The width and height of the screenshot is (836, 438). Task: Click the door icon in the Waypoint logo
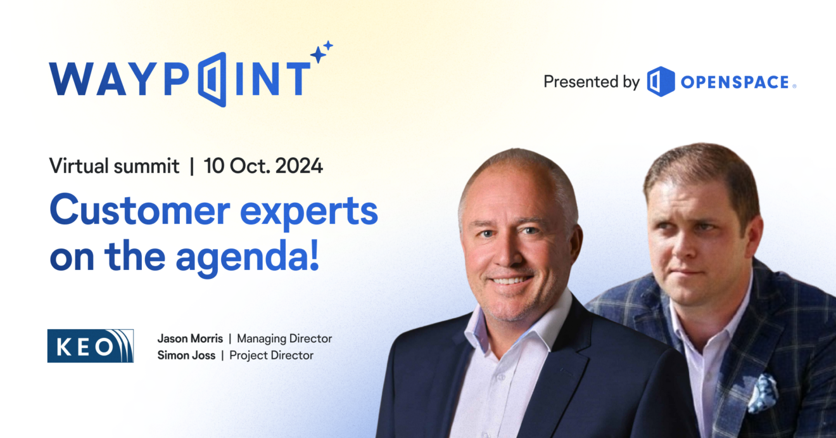[212, 79]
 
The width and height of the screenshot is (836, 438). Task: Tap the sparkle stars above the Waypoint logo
[321, 52]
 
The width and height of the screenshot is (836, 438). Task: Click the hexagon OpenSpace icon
[661, 81]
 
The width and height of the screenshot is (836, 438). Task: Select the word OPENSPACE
[735, 82]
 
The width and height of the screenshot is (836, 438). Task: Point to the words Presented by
[592, 82]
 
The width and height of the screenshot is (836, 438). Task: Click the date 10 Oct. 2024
[263, 165]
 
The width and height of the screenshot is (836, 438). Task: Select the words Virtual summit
[114, 165]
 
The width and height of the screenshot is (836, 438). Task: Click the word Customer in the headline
[139, 209]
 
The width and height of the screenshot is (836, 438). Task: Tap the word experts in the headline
[308, 212]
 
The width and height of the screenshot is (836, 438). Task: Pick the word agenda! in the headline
[248, 257]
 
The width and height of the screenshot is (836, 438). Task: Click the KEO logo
[91, 345]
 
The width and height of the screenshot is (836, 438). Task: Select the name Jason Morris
[190, 338]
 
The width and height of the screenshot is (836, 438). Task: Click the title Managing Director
[284, 339]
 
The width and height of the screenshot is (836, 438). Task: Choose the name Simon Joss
[186, 355]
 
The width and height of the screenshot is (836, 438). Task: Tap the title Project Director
[271, 356]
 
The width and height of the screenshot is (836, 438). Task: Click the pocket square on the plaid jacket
[763, 393]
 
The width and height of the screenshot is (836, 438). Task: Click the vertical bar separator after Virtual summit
[192, 166]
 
